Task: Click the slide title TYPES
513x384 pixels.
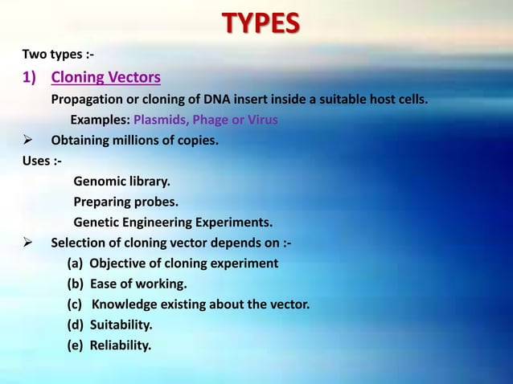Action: [261, 23]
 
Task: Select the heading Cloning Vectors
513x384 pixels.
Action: [105, 78]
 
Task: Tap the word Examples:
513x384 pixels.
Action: [100, 121]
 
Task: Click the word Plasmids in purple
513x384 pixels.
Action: [161, 121]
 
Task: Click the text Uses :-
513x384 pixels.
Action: [42, 161]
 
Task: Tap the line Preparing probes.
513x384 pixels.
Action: [126, 202]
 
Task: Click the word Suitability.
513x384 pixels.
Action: [121, 325]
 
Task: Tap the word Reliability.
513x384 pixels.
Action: [120, 345]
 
